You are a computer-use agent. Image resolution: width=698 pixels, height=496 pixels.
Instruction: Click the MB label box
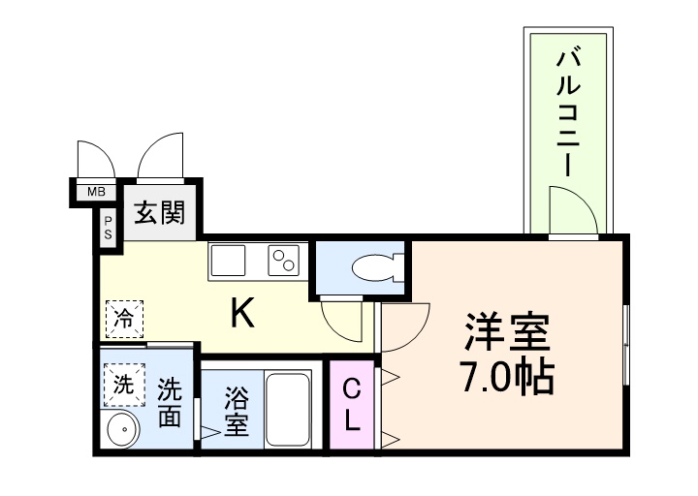(96, 192)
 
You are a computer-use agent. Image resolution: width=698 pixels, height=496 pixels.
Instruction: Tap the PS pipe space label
(108, 229)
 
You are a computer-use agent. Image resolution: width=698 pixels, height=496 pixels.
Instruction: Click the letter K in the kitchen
(242, 313)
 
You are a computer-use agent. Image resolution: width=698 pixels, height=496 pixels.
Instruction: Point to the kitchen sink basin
(229, 260)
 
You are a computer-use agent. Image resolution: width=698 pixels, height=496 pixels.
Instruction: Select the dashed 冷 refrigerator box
(124, 317)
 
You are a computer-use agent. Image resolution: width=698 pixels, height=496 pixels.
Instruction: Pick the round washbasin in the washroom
(121, 429)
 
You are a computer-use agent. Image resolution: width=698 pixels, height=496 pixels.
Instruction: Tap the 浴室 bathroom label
(236, 411)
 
